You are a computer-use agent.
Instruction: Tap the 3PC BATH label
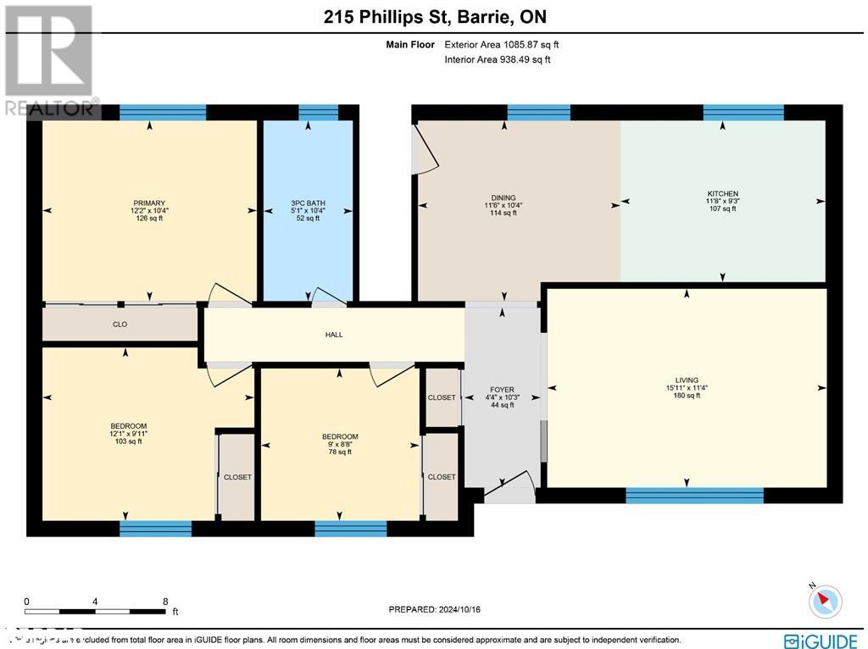308,202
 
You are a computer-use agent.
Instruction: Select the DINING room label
503,197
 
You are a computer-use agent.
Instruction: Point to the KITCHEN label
722,193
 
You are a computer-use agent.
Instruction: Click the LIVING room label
686,380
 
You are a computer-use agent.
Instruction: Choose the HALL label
334,335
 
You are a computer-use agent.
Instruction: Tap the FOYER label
503,391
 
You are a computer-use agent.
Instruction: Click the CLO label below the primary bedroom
120,324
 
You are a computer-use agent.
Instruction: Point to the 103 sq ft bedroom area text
128,441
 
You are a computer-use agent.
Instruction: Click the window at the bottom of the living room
693,496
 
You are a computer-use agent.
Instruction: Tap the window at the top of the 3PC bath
319,113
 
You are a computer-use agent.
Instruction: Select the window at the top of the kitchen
743,113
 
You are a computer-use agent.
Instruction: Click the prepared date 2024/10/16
439,609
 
